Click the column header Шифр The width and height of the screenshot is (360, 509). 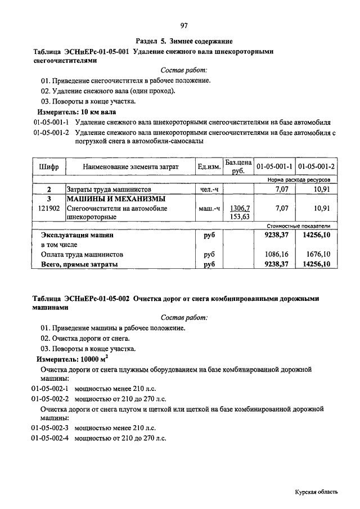click(49, 167)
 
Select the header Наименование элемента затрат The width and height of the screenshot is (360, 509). click(130, 167)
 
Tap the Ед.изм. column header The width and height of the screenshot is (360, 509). click(209, 167)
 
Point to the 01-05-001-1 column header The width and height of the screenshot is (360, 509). click(274, 167)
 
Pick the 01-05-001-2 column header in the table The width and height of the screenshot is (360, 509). click(316, 167)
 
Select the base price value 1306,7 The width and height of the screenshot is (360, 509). click(240, 208)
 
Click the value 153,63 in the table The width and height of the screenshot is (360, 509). click(240, 216)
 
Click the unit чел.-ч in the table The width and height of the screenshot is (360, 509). click(209, 190)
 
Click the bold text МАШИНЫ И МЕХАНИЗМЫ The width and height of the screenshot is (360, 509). click(116, 199)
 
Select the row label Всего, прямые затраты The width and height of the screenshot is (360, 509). click(79, 263)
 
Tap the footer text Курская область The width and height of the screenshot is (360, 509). click(316, 492)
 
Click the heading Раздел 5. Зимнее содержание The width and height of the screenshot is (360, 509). click(184, 42)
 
